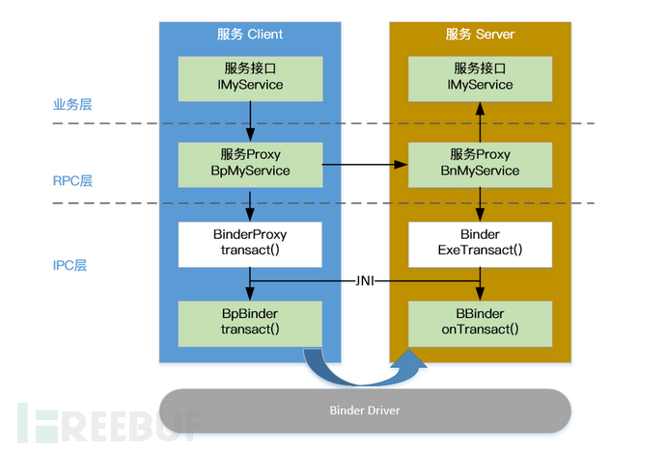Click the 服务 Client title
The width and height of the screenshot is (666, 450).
pyautogui.click(x=250, y=34)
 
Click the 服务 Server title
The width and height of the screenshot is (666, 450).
pyautogui.click(x=480, y=34)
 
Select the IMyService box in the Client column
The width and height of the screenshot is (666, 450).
pyautogui.click(x=250, y=78)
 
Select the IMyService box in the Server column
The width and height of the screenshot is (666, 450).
pyautogui.click(x=480, y=78)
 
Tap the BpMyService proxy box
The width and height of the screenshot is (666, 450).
pyautogui.click(x=250, y=163)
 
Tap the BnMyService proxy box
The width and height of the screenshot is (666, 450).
pyautogui.click(x=480, y=163)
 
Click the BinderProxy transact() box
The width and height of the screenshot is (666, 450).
pyautogui.click(x=250, y=242)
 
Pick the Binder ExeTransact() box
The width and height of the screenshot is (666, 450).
pyautogui.click(x=480, y=242)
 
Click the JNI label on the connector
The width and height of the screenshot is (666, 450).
pyautogui.click(x=365, y=281)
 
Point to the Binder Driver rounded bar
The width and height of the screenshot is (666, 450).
pyautogui.click(x=365, y=410)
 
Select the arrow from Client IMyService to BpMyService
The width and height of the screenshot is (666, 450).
pyautogui.click(x=250, y=120)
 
